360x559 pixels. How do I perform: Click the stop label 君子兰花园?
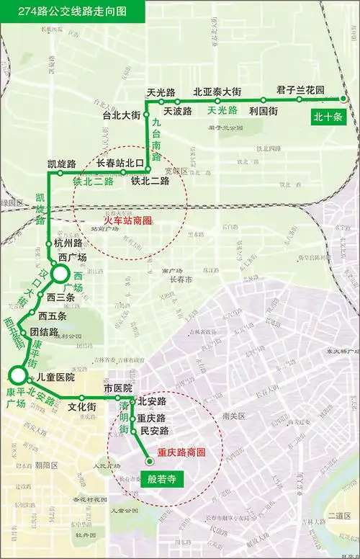pyautogui.click(x=300, y=91)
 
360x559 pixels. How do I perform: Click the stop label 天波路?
pyautogui.click(x=177, y=111)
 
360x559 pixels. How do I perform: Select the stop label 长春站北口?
pyautogui.click(x=121, y=163)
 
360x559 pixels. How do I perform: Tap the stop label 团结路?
pyautogui.click(x=44, y=332)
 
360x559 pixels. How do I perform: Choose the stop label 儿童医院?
pyautogui.click(x=55, y=377)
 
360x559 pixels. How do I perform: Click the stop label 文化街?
pyautogui.click(x=82, y=407)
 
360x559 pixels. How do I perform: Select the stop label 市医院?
pyautogui.click(x=118, y=388)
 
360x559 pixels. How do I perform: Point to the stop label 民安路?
pyautogui.click(x=154, y=431)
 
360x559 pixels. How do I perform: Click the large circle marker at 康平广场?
pyautogui.click(x=15, y=375)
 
